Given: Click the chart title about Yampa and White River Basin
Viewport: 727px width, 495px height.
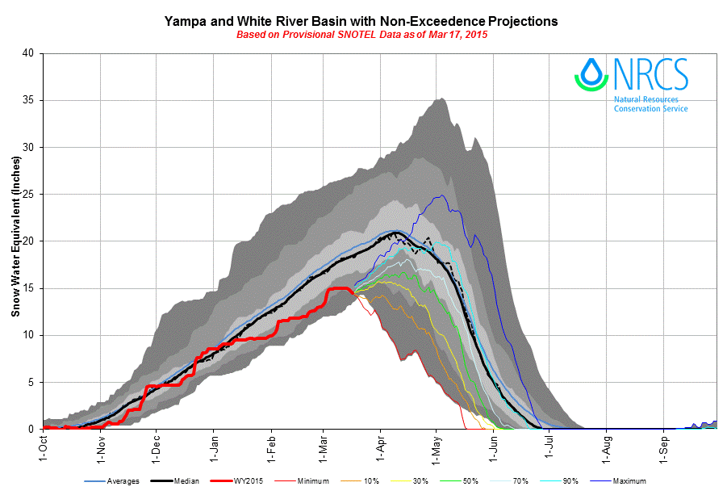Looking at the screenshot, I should point(361,19).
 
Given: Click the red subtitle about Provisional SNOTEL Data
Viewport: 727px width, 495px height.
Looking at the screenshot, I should point(361,35).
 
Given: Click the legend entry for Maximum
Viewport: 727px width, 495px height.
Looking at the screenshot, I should point(629,481).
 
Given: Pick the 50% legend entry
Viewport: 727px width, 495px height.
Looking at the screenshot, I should point(470,481).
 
